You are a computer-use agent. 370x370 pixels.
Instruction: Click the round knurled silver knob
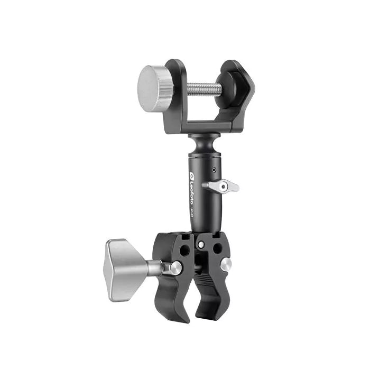(x=155, y=88)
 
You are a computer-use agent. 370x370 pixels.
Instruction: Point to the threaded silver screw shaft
(x=198, y=88)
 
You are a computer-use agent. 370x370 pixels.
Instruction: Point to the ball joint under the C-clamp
(x=202, y=142)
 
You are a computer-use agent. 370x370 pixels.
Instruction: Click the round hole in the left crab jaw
(x=184, y=250)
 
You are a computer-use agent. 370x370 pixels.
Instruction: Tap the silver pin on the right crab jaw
(x=226, y=264)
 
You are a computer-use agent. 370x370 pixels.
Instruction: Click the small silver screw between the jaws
(x=201, y=245)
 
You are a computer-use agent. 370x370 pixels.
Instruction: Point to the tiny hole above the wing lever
(x=213, y=171)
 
